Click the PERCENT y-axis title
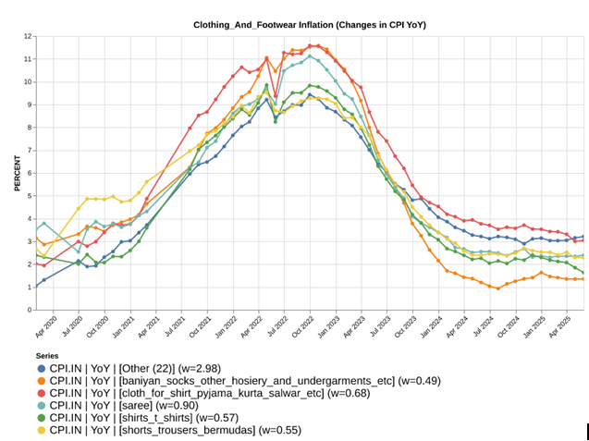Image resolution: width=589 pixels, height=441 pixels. point(18,173)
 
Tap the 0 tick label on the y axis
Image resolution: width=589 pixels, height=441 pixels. point(31,310)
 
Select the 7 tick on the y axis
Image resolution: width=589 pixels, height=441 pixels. point(31,151)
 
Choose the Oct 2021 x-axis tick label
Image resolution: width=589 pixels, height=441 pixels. point(198,327)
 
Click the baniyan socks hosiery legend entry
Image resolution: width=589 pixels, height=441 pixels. point(222,381)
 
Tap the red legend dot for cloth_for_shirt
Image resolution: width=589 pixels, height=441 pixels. point(43,393)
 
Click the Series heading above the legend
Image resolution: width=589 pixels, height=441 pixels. point(49,355)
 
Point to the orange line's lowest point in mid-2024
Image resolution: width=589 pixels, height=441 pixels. point(498,288)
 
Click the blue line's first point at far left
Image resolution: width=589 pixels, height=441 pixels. point(35,286)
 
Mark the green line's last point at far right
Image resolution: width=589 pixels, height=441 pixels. point(582,274)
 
